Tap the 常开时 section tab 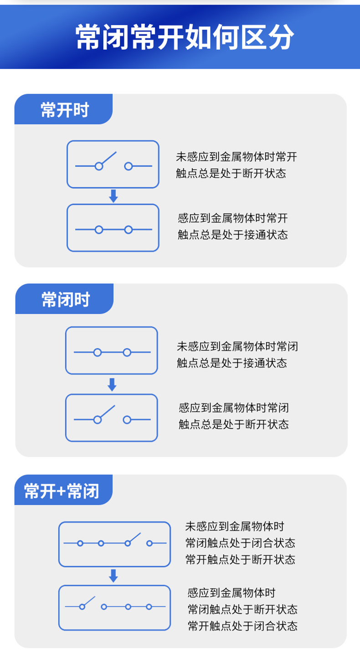pyautogui.click(x=64, y=110)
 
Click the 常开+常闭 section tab pyautogui.click(x=62, y=491)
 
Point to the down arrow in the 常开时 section pyautogui.click(x=113, y=196)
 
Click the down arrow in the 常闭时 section pyautogui.click(x=112, y=385)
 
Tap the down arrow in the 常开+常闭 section pyautogui.click(x=113, y=575)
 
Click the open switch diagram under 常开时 pyautogui.click(x=113, y=164)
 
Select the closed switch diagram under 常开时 pyautogui.click(x=113, y=228)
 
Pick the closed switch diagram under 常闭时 pyautogui.click(x=112, y=351)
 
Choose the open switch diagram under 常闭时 pyautogui.click(x=112, y=418)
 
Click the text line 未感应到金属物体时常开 pyautogui.click(x=237, y=157)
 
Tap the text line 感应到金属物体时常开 pyautogui.click(x=233, y=218)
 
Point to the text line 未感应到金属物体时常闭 pyautogui.click(x=237, y=347)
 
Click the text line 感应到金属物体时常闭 pyautogui.click(x=234, y=407)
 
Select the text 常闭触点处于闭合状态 pyautogui.click(x=240, y=543)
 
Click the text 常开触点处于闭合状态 pyautogui.click(x=242, y=626)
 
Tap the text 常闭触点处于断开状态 pyautogui.click(x=242, y=609)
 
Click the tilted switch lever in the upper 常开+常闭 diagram pyautogui.click(x=134, y=538)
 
